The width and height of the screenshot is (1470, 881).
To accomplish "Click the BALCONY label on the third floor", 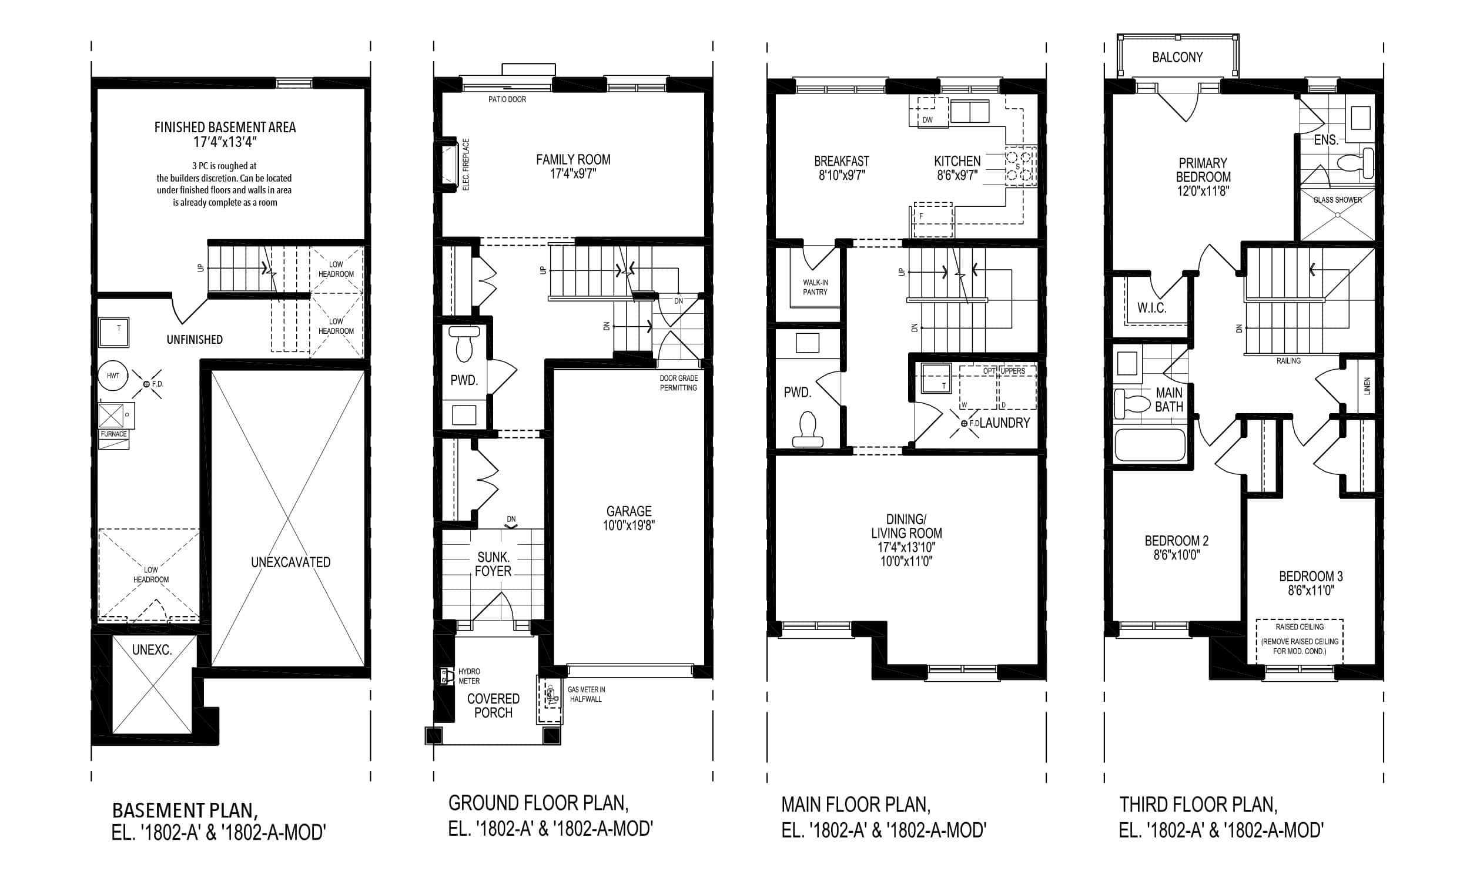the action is tap(1177, 57).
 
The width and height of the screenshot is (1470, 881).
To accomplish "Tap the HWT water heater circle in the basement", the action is tap(113, 376).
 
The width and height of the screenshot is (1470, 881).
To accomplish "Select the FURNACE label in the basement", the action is tap(113, 434).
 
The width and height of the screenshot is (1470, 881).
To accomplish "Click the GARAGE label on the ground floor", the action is tap(629, 511).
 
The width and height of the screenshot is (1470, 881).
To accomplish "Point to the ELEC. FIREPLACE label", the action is tap(466, 165).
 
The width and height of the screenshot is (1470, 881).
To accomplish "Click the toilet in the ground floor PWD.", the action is tap(464, 343).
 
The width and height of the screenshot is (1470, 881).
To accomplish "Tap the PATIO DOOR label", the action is tap(507, 99).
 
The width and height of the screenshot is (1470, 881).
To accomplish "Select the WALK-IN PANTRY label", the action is tap(815, 287).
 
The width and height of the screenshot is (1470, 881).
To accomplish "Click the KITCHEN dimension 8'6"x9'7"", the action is tap(957, 175).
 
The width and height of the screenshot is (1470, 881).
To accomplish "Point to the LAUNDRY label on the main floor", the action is tap(1004, 423).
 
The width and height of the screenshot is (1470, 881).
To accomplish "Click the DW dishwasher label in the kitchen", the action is tap(927, 120).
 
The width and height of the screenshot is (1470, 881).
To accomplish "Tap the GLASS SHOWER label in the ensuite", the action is tap(1338, 200).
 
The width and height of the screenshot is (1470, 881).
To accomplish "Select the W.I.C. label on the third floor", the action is tap(1152, 307).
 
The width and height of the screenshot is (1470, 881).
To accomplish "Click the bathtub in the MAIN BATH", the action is tap(1150, 445).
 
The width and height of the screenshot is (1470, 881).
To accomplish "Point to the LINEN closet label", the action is tap(1367, 387).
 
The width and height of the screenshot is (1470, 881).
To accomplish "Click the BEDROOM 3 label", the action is tap(1311, 576).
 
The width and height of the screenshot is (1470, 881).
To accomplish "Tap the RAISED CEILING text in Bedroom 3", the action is tap(1300, 627).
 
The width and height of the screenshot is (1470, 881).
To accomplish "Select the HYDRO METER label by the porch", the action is tap(469, 676).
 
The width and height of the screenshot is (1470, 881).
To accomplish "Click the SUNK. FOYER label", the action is tap(493, 564).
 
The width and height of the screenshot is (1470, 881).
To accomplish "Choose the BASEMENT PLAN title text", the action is tap(185, 810).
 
